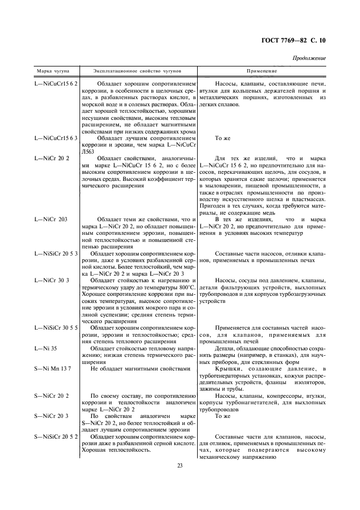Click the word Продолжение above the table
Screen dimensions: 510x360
(x=309, y=58)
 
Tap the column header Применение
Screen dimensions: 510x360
(x=261, y=72)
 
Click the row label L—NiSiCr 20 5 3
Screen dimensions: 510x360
(x=56, y=253)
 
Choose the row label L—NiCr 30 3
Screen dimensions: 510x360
(x=52, y=280)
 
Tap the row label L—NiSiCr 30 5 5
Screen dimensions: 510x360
(x=56, y=327)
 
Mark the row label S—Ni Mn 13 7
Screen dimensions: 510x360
(x=53, y=368)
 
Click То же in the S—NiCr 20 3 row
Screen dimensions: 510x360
(x=223, y=416)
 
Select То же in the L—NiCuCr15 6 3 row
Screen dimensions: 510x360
(x=223, y=139)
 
